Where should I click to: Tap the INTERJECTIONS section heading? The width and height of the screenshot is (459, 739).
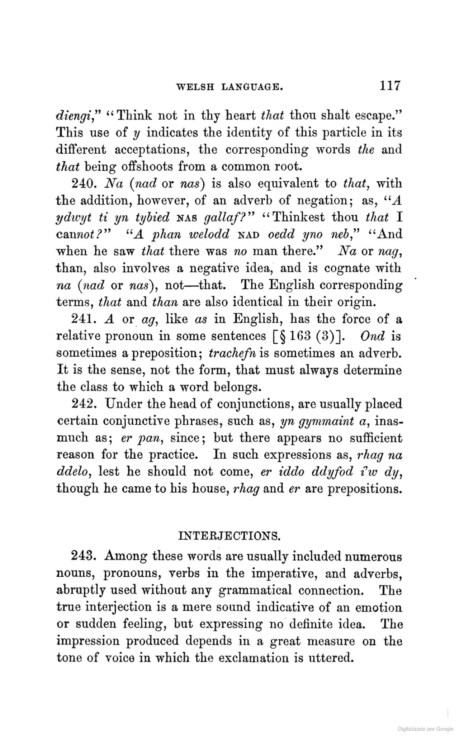[x=229, y=537]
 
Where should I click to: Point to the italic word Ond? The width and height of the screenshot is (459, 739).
[x=373, y=336]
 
